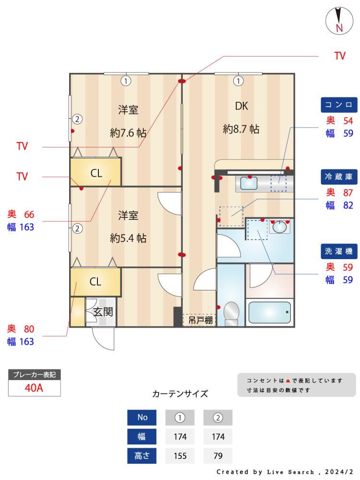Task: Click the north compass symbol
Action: click(339, 21)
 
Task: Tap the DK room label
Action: click(241, 106)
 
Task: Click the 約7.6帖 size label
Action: click(128, 133)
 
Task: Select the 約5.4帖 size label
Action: click(128, 238)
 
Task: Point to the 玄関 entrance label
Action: click(103, 312)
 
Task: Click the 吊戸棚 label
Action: click(200, 320)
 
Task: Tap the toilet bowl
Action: click(231, 312)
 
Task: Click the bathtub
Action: click(269, 312)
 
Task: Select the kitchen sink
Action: click(249, 183)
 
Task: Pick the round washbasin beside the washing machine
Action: click(279, 227)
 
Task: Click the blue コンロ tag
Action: click(339, 105)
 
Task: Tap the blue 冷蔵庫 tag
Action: click(339, 177)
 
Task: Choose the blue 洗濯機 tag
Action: click(339, 252)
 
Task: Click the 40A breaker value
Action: click(34, 388)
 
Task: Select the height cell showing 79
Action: click(218, 456)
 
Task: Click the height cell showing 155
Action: click(180, 456)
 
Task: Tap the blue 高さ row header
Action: click(142, 456)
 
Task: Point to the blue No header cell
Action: click(142, 418)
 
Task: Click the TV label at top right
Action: click(340, 56)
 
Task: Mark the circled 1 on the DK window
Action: click(239, 81)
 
